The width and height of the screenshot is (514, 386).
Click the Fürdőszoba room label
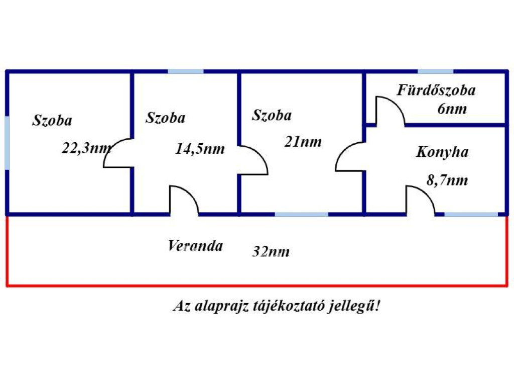coord(436,90)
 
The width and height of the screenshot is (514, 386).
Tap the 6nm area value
coord(452,109)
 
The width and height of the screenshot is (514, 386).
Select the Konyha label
coord(442,152)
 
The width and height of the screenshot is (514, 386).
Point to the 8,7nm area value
coord(447,180)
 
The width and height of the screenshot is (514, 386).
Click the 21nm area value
coord(303,141)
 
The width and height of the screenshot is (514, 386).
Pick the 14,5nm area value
coord(200,149)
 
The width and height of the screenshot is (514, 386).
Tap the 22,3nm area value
coord(86,148)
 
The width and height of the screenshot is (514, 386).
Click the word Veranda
coord(195,245)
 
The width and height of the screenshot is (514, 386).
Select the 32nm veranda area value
coord(271,252)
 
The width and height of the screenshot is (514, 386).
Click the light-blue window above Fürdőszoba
coord(435,71)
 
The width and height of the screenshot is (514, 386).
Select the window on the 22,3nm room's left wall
coord(7,143)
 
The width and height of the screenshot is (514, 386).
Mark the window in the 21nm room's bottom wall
coord(302,214)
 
